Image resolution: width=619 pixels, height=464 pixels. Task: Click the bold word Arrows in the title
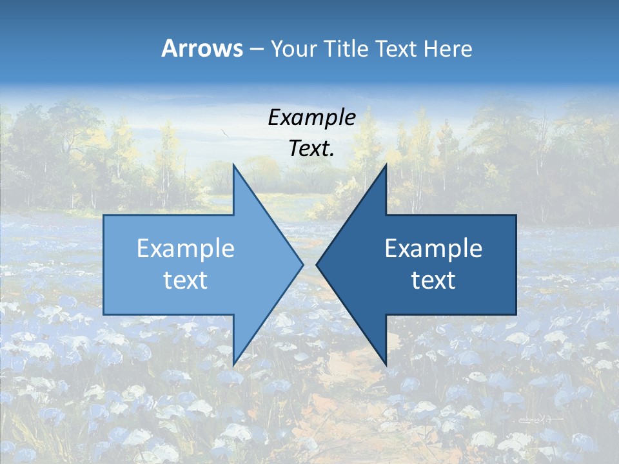(x=202, y=49)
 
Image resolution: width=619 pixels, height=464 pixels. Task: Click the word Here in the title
(x=449, y=49)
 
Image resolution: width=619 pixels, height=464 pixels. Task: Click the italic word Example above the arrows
(x=312, y=117)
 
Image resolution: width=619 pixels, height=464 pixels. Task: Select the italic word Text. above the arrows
(x=312, y=148)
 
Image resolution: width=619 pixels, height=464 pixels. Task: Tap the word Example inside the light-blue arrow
(x=186, y=249)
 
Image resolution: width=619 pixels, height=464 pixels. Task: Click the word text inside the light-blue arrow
(x=186, y=280)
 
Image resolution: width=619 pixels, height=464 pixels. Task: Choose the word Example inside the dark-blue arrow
(x=433, y=249)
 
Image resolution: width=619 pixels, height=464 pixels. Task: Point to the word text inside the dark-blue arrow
(x=433, y=280)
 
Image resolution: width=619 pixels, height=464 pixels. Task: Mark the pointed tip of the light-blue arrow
(x=302, y=264)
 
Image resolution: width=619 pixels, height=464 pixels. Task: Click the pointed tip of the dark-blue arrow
(x=317, y=264)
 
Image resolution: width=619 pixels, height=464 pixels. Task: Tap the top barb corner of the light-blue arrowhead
(x=233, y=165)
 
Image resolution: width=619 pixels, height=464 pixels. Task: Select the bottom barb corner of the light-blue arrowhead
(x=233, y=364)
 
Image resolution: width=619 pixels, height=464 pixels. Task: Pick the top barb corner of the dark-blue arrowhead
(x=386, y=165)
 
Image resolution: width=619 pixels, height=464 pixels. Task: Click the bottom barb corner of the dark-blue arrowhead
(x=386, y=364)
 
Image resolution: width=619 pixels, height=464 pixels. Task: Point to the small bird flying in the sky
(x=224, y=133)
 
